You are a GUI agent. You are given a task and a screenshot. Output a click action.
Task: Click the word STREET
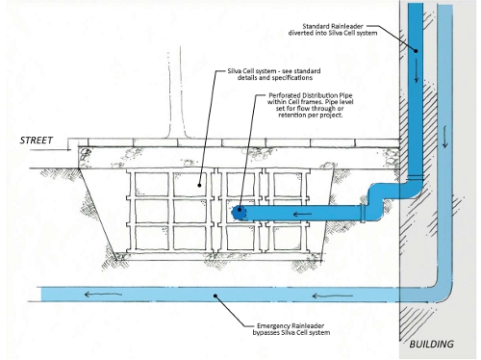pos(37,141)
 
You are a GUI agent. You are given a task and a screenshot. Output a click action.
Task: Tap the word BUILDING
pos(431,345)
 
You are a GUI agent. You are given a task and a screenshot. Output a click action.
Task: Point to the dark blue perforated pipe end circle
pos(238,213)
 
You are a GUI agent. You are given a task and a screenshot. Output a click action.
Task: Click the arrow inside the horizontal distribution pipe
pos(302,214)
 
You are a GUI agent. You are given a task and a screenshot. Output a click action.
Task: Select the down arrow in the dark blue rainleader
pos(417,70)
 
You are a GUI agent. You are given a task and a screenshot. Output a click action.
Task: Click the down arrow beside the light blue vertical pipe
pos(444,137)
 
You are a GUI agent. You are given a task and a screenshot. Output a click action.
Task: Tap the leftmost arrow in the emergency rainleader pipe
pos(103,294)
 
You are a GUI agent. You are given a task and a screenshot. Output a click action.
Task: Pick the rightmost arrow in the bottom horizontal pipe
pos(332,296)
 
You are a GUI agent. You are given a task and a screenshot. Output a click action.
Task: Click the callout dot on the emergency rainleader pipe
pos(215,296)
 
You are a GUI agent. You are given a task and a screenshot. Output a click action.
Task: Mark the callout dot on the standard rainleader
pos(416,51)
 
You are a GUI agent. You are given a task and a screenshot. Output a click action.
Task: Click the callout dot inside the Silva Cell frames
pos(199,185)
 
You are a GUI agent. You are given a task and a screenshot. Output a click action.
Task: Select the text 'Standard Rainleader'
pos(333,26)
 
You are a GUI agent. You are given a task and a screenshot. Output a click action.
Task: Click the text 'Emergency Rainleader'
pos(291,326)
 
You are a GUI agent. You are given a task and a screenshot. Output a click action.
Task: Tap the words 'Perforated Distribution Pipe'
pos(311,95)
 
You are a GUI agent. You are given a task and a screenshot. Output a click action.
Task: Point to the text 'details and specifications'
pos(275,78)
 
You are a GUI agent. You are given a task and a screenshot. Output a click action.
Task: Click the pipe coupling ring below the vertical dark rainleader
pos(416,177)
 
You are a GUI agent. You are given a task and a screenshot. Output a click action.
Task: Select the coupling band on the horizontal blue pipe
pos(363,213)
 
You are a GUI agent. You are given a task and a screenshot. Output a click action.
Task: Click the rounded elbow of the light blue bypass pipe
pos(444,294)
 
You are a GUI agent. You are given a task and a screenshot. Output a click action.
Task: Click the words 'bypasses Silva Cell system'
pos(291,333)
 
